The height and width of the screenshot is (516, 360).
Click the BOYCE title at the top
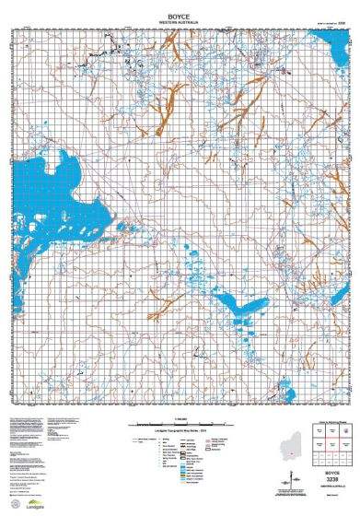pyautogui.click(x=180, y=6)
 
